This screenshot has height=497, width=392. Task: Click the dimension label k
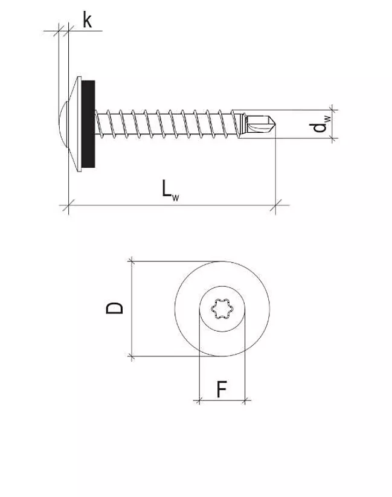tap(87, 21)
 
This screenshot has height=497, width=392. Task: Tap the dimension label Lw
tap(169, 189)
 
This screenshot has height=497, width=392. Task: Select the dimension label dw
tap(320, 125)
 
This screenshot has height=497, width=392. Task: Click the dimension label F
tap(222, 390)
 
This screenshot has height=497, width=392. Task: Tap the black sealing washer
tap(88, 124)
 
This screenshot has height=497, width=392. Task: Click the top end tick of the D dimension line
tap(131, 261)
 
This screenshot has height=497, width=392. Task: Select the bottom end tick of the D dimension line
tap(131, 356)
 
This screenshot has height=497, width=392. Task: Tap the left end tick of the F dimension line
tap(199, 400)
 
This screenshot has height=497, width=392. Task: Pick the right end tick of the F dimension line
tap(245, 400)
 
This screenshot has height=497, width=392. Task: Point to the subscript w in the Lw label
tap(177, 196)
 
